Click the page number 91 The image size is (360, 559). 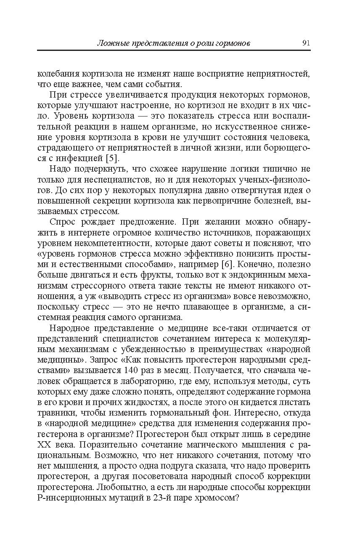pos(306,43)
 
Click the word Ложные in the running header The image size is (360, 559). pos(109,43)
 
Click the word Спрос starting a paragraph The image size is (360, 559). pos(62,222)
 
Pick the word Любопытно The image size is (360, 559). pos(119,487)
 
